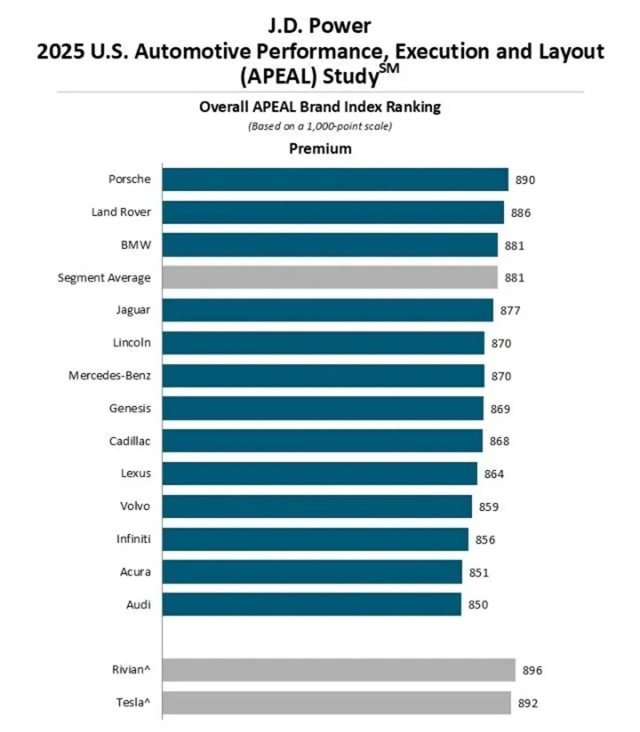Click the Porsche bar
click(335, 180)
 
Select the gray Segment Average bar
click(329, 278)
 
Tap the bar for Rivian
click(339, 670)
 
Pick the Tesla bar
click(336, 703)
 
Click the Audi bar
click(312, 604)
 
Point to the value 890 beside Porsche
click(525, 181)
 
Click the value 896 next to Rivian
click(532, 670)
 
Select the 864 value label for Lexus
click(494, 474)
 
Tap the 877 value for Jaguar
click(510, 311)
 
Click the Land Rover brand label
click(121, 212)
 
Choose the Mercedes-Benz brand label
click(110, 376)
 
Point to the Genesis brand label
click(130, 408)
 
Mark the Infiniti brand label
click(134, 539)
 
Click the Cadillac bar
click(322, 441)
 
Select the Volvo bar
click(317, 506)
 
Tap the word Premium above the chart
click(320, 149)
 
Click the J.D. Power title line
click(320, 26)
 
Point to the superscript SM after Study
click(389, 70)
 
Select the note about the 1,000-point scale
click(320, 126)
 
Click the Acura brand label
click(136, 572)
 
